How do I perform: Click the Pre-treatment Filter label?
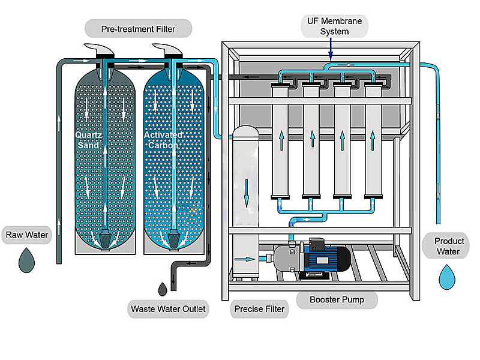pos(139,28)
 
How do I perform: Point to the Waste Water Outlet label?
pos(169,310)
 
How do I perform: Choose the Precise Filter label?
pos(259,310)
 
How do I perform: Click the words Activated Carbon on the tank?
pos(163,140)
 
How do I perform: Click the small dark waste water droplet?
pos(163,289)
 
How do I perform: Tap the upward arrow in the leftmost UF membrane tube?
pos(280,142)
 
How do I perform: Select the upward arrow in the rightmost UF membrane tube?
pos(373,142)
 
